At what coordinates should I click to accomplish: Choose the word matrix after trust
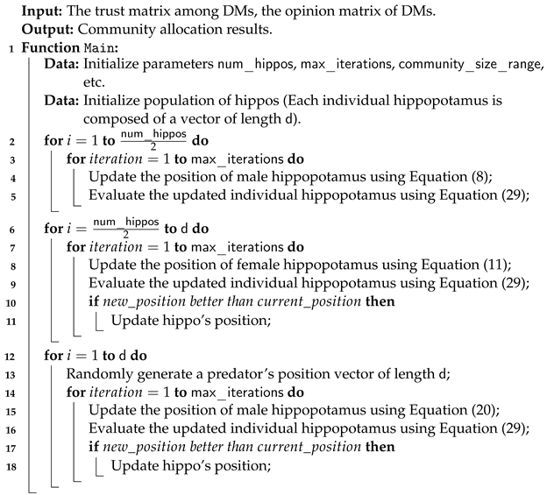coord(151,11)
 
